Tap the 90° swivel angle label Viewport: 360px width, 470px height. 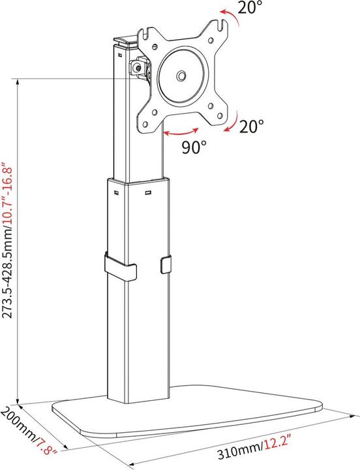tap(194, 148)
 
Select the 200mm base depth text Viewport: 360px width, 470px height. tap(18, 424)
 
